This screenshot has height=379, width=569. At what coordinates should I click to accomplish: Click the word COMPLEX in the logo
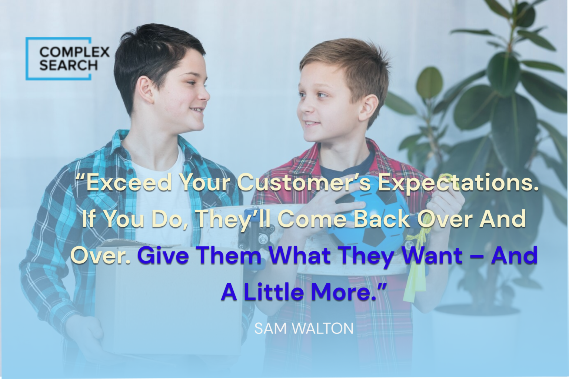[x=74, y=52]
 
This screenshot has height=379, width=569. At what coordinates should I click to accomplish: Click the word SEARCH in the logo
[x=69, y=65]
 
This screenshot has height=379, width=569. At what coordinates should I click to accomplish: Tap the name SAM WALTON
[x=304, y=329]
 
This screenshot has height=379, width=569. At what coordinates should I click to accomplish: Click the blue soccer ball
[x=370, y=219]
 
